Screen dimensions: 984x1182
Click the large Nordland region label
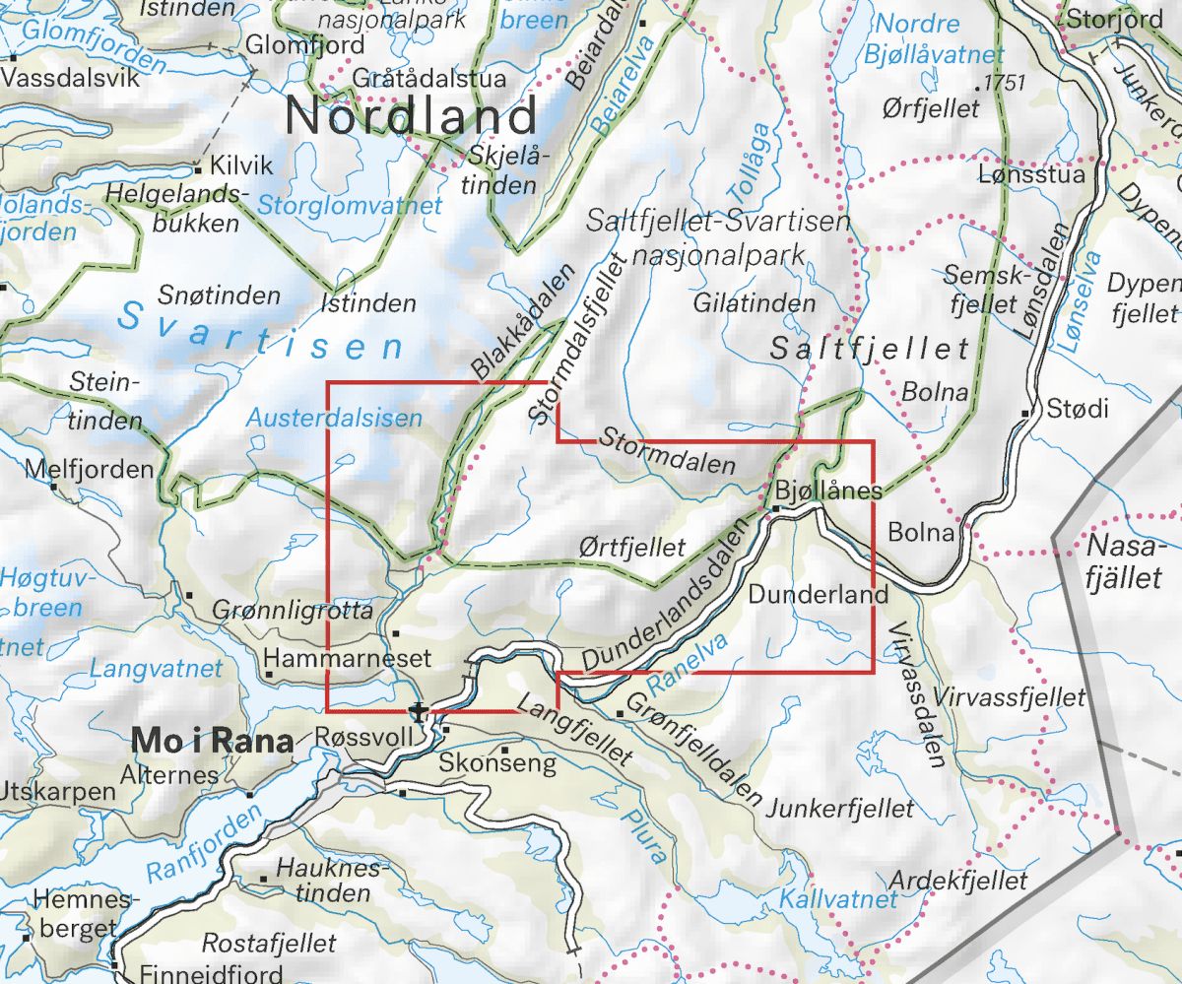pos(411,116)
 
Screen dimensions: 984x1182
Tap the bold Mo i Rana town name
pos(212,742)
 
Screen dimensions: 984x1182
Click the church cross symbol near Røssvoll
pos(421,710)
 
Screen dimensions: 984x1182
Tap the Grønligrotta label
pos(294,613)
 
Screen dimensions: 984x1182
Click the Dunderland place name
pos(819,594)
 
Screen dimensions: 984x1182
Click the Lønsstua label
pos(1031,175)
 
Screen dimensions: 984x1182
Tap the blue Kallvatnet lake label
pos(838,898)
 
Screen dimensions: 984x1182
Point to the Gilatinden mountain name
pos(755,303)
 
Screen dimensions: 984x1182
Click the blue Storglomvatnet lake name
pos(349,206)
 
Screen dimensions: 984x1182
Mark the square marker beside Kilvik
pos(199,167)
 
